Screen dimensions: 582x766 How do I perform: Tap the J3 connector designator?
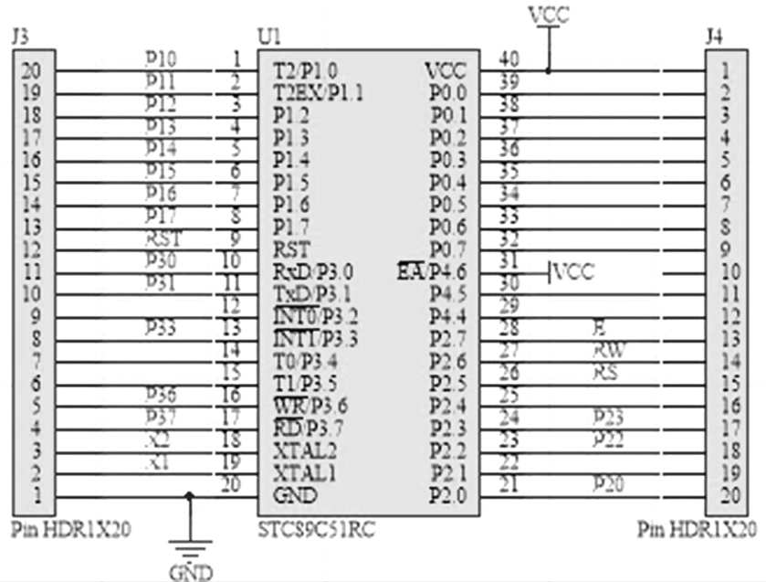point(19,37)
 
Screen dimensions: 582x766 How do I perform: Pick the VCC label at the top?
point(548,15)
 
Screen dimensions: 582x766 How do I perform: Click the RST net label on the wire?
point(163,238)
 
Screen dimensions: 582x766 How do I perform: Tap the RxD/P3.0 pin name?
point(312,271)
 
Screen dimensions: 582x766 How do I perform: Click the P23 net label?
point(607,417)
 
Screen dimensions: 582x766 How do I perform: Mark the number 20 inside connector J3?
point(33,69)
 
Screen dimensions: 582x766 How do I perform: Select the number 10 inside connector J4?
point(727,271)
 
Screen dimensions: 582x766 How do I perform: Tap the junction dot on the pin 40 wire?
point(548,69)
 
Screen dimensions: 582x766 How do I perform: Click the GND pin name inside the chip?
point(295,495)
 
